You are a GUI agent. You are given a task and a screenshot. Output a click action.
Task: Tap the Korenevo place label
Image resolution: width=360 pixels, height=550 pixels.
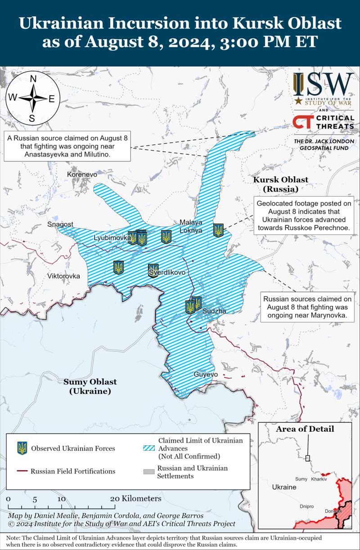click(x=82, y=174)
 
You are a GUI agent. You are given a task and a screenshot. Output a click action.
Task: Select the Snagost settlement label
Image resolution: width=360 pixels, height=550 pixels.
click(x=60, y=224)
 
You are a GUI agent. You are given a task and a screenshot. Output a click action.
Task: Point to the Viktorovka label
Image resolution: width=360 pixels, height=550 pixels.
click(x=63, y=276)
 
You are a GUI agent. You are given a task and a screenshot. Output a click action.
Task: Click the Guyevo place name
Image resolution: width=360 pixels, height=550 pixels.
click(x=205, y=374)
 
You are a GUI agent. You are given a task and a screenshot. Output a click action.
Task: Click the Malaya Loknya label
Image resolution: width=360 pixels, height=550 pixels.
click(x=191, y=226)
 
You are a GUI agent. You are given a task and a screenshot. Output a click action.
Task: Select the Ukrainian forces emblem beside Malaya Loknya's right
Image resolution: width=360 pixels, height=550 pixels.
click(x=218, y=230)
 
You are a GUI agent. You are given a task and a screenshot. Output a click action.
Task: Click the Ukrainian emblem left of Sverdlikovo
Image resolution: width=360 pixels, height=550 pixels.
click(x=118, y=268)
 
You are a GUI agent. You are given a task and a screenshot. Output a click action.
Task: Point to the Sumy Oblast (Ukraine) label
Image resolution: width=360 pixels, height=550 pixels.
click(x=90, y=386)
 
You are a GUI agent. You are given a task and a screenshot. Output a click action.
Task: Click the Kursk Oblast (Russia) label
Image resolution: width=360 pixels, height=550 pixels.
click(x=280, y=184)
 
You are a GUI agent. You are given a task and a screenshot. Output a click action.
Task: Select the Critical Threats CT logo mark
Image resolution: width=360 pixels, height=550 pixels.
click(x=301, y=121)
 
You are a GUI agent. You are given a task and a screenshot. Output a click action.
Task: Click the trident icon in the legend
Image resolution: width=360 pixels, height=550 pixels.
click(x=22, y=448)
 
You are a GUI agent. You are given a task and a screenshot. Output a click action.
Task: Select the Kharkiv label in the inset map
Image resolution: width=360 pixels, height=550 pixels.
click(x=319, y=479)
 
